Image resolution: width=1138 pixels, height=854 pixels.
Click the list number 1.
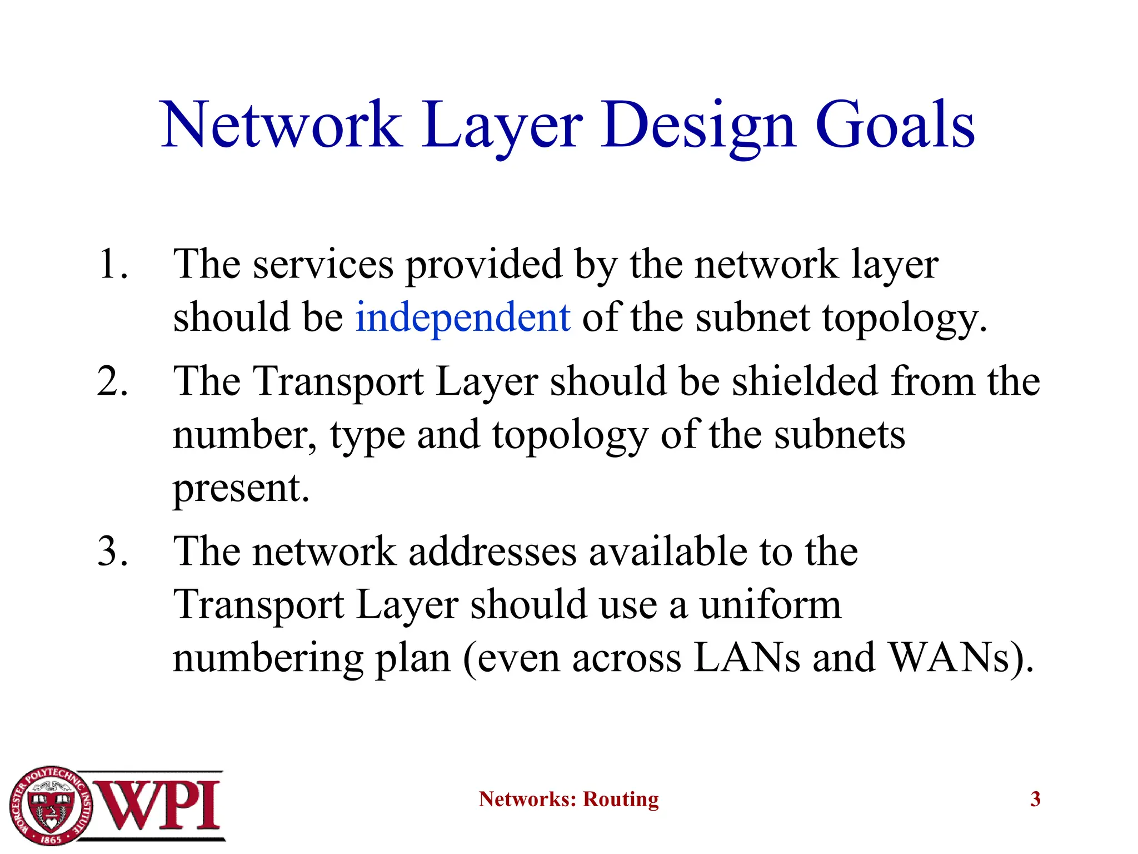point(113,264)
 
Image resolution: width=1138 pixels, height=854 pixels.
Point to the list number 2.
point(113,382)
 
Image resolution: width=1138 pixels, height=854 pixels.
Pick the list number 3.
point(113,552)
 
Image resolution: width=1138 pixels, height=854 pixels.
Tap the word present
point(241,489)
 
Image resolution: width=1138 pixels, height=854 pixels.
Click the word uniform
point(770,605)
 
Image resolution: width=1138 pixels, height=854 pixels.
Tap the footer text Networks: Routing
point(568,800)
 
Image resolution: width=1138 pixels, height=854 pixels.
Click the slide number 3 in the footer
point(1035,800)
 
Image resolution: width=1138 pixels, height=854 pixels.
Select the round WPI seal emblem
point(51,805)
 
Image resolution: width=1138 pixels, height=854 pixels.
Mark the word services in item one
point(323,264)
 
